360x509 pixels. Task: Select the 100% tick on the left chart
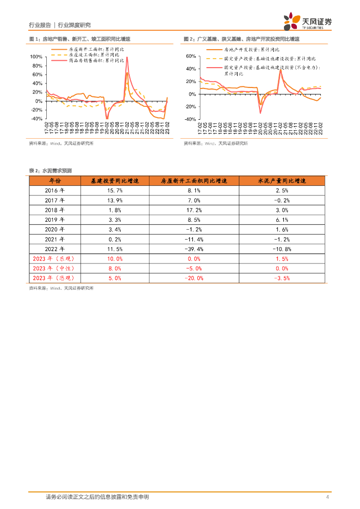(36, 57)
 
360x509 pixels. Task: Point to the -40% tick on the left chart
(36, 119)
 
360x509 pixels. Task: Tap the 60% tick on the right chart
(191, 57)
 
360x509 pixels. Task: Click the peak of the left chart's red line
(127, 57)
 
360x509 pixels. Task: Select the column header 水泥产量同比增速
(282, 180)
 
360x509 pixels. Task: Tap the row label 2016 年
(55, 190)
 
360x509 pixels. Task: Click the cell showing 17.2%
(194, 210)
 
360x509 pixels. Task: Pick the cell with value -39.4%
(194, 249)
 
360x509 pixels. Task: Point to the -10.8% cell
(282, 249)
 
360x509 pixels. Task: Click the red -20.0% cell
(194, 278)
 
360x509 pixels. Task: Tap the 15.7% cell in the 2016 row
(114, 190)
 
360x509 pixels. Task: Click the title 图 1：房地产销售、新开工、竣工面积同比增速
(80, 38)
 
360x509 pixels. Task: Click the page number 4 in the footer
(327, 497)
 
